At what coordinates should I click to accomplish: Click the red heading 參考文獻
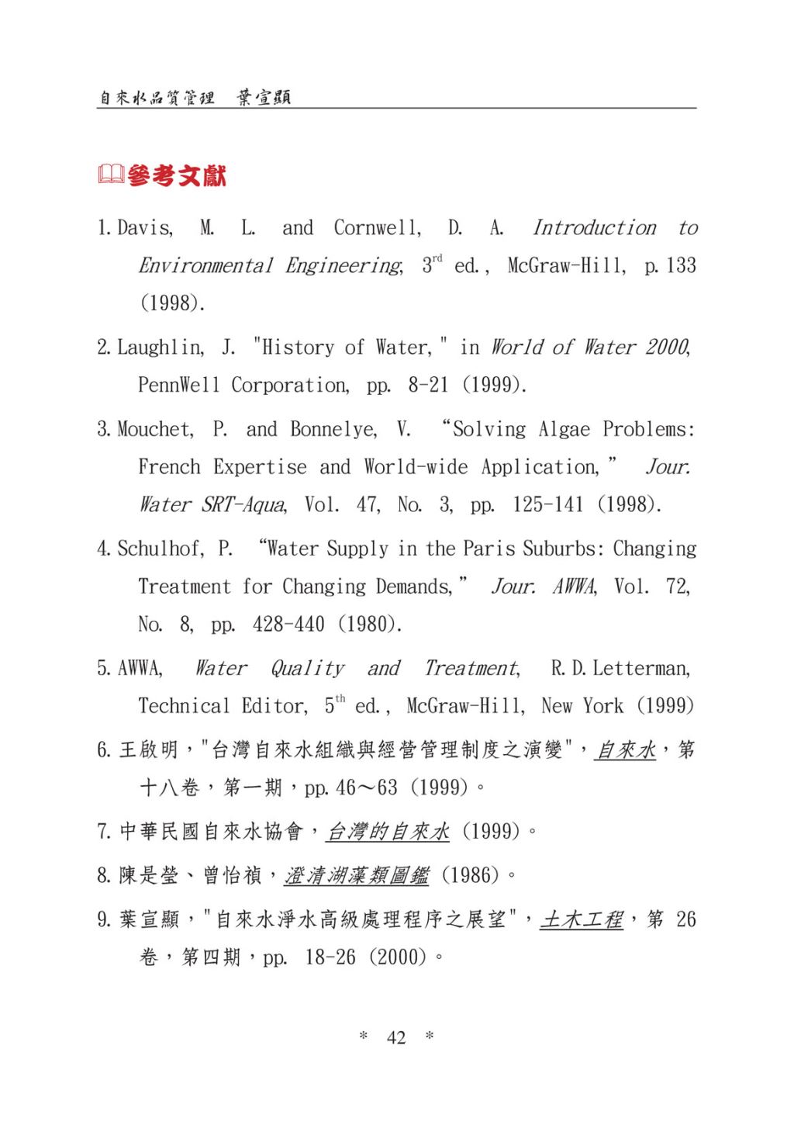[177, 176]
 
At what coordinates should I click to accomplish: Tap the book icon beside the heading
[111, 175]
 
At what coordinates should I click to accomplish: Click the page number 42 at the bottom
[395, 1037]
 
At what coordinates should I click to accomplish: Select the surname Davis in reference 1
[145, 228]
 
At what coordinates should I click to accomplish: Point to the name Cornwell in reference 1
[378, 228]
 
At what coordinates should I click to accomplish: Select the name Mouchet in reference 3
[155, 429]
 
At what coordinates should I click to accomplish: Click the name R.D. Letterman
[620, 668]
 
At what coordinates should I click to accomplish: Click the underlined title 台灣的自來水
[388, 832]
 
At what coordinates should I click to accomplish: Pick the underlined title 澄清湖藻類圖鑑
[357, 876]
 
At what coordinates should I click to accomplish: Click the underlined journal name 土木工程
[582, 920]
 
